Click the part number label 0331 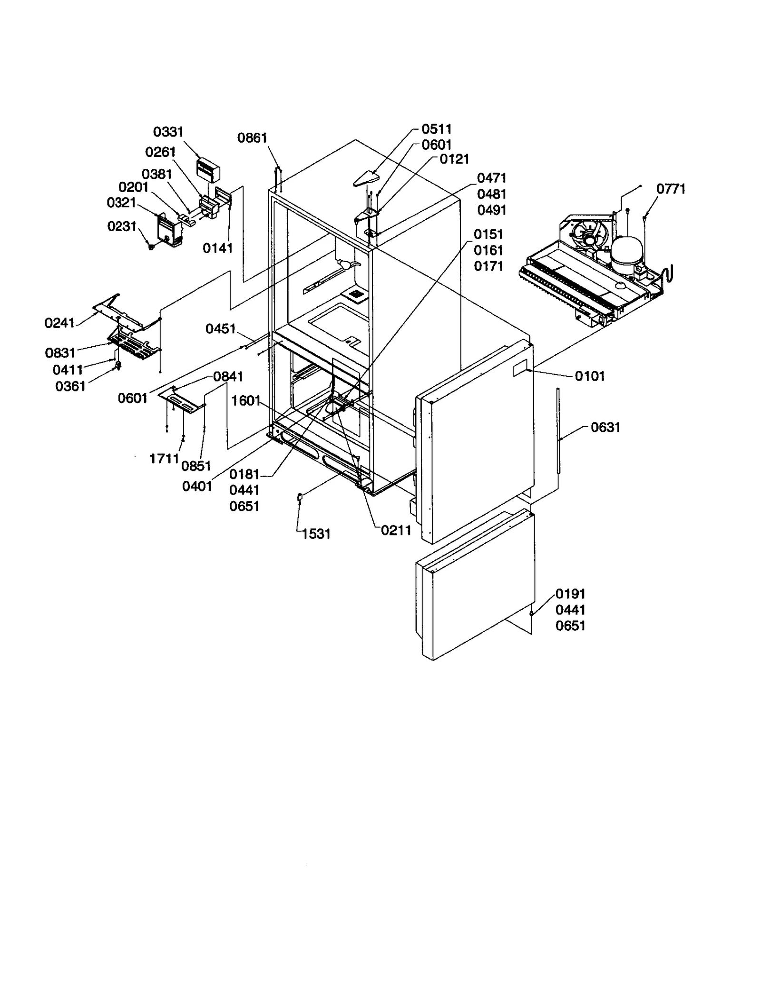[168, 132]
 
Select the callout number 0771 [671, 189]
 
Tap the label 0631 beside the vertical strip [605, 427]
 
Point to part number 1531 [316, 534]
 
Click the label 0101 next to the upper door [590, 376]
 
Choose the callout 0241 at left [59, 323]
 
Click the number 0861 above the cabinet [253, 138]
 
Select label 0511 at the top [437, 129]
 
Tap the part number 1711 [164, 459]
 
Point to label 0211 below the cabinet [396, 530]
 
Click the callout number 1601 [246, 401]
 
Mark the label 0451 [221, 328]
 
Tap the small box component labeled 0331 [208, 170]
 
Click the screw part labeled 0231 [151, 246]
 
